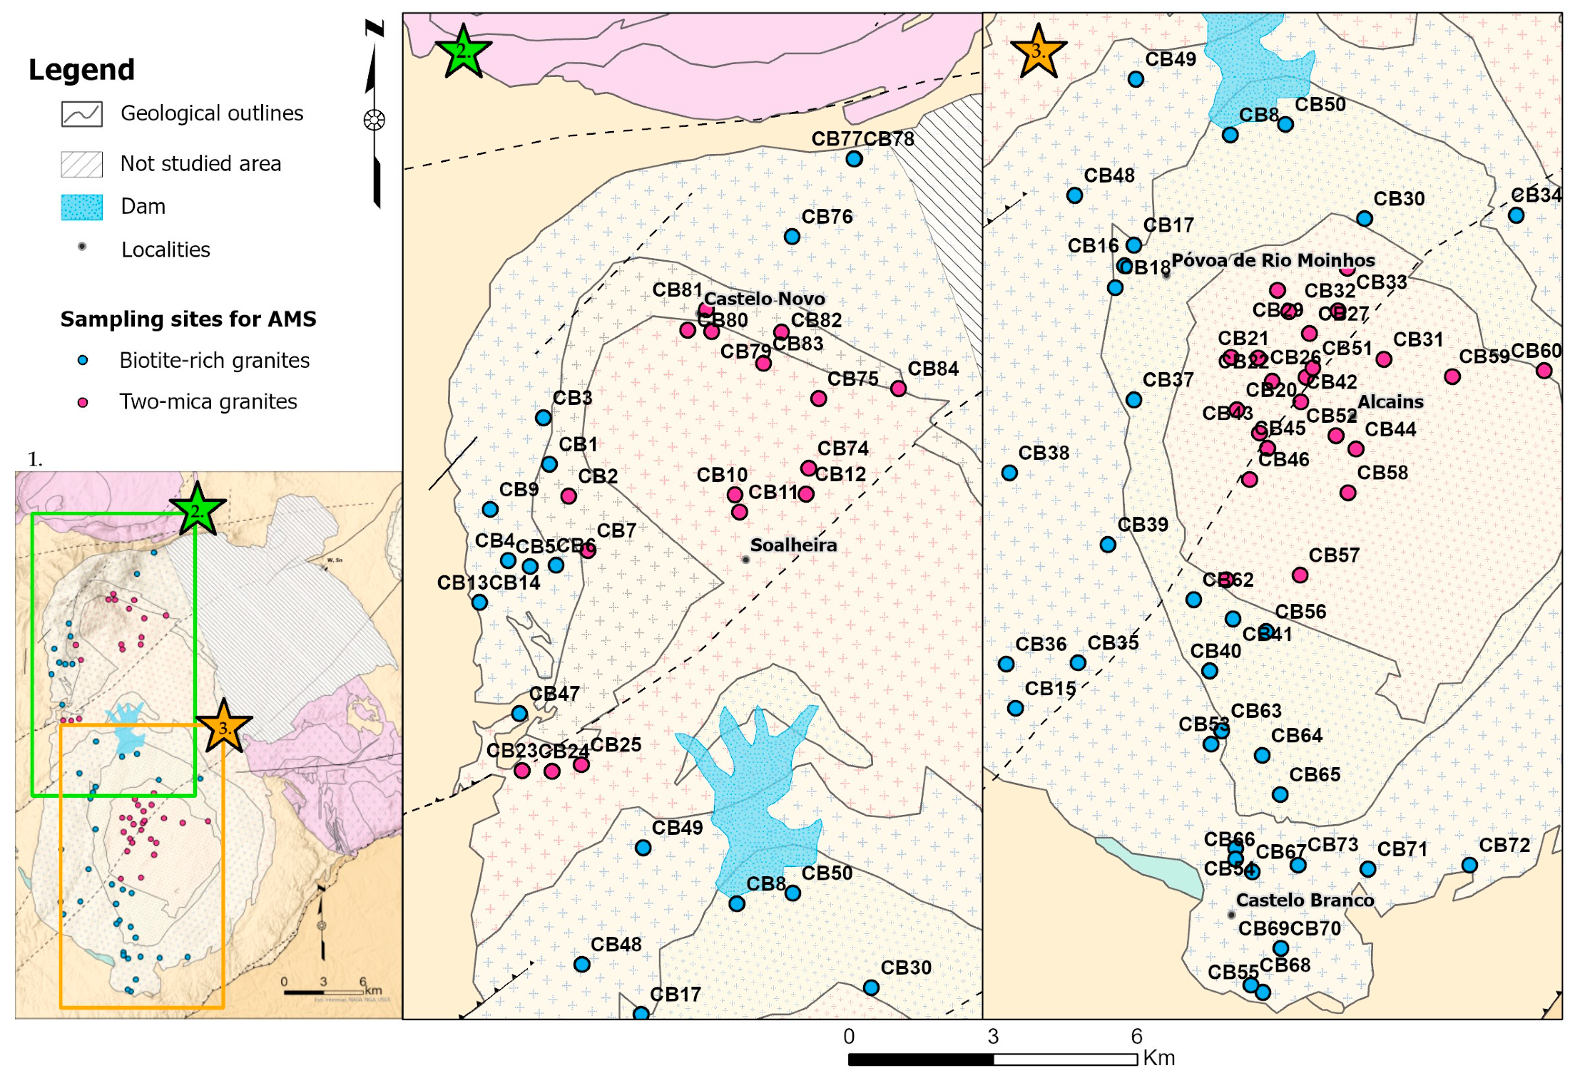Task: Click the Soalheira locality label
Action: click(x=793, y=545)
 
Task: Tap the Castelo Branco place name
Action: click(x=1305, y=900)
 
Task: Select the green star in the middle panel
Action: click(x=463, y=52)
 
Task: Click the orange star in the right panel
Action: click(x=1039, y=52)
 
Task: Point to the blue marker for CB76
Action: click(x=792, y=237)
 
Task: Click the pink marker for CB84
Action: click(x=898, y=389)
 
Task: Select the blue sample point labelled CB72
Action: click(x=1469, y=865)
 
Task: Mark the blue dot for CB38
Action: click(x=1009, y=473)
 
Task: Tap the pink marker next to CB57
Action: click(x=1300, y=575)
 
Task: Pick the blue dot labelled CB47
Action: click(x=519, y=714)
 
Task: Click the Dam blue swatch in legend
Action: click(x=82, y=207)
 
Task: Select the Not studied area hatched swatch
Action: click(x=82, y=164)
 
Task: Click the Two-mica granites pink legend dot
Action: click(x=83, y=402)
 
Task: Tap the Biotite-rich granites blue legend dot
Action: click(x=83, y=361)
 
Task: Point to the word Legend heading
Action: click(x=81, y=70)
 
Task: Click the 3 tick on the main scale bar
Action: click(x=993, y=1037)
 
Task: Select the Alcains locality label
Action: click(x=1390, y=402)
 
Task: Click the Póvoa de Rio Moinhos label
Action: click(x=1273, y=260)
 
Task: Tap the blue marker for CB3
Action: click(x=543, y=418)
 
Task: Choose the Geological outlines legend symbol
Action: click(x=82, y=114)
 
